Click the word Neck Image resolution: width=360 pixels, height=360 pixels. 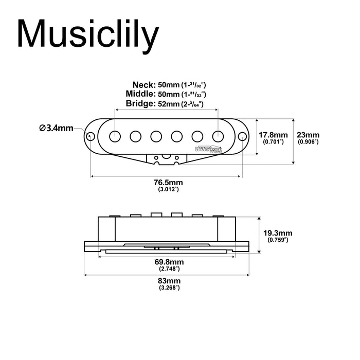point(143,85)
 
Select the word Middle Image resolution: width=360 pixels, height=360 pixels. point(140,94)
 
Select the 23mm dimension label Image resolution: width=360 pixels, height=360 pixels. point(308,133)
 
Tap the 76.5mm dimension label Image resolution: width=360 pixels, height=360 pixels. point(168,183)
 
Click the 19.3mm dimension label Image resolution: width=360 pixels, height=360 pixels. point(278,232)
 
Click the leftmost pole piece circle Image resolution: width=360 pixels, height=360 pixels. point(115,135)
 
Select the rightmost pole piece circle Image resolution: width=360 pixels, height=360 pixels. point(218,135)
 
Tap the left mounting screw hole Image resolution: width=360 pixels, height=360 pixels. point(91,136)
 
